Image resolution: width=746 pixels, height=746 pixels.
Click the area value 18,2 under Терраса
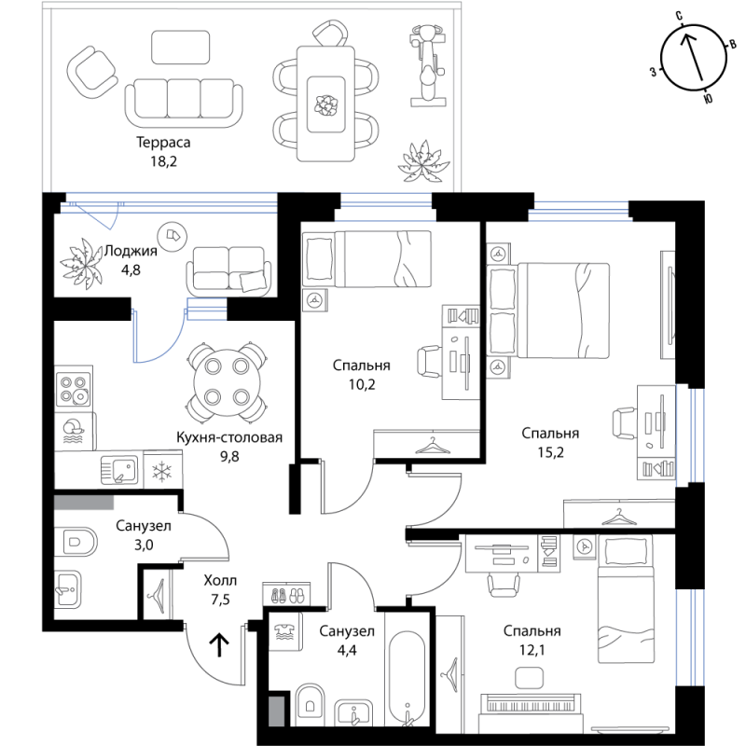click(x=164, y=161)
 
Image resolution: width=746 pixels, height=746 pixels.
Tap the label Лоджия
click(x=131, y=251)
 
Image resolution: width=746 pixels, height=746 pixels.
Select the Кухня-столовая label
click(x=229, y=437)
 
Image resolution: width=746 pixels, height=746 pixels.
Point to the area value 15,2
click(x=550, y=452)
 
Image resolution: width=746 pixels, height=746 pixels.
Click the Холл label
click(x=220, y=580)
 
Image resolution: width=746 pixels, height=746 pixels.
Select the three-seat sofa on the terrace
click(x=184, y=103)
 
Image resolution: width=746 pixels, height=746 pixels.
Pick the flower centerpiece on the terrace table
click(x=325, y=104)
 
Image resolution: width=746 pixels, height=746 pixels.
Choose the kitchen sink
click(x=119, y=470)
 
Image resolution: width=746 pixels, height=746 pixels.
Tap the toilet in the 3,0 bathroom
click(x=76, y=542)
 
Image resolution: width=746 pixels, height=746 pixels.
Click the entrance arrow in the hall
click(x=219, y=644)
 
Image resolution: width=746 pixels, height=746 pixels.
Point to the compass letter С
click(x=680, y=16)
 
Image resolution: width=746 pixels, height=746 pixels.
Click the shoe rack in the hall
click(x=286, y=594)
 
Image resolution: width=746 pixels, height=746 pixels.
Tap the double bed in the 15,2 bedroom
click(x=549, y=311)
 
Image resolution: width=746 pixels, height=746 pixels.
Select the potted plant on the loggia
click(x=82, y=263)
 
